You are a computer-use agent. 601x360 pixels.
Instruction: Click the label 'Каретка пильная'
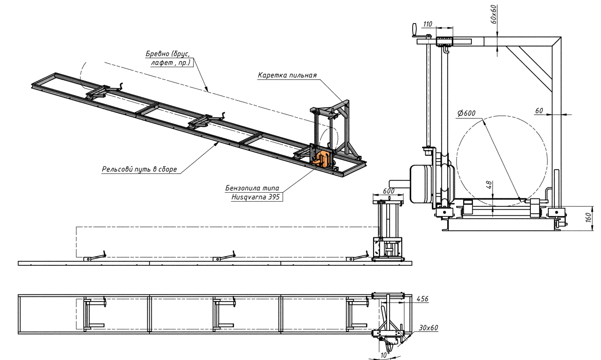tap(287, 76)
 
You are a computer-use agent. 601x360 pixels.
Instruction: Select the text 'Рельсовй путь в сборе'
tap(139, 169)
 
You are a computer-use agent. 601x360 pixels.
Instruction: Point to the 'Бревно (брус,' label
tap(168, 54)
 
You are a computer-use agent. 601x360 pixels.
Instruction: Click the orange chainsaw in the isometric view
tap(321, 158)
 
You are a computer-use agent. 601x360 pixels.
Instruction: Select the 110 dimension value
tap(427, 24)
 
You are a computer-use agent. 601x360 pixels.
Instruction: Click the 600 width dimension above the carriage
tap(388, 191)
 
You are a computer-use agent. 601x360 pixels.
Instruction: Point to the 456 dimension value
tap(423, 299)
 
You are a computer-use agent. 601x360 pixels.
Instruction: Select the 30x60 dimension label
tap(429, 328)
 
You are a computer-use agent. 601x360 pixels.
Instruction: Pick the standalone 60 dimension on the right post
tap(539, 110)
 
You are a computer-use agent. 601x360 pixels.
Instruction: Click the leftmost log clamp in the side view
tap(95, 257)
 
